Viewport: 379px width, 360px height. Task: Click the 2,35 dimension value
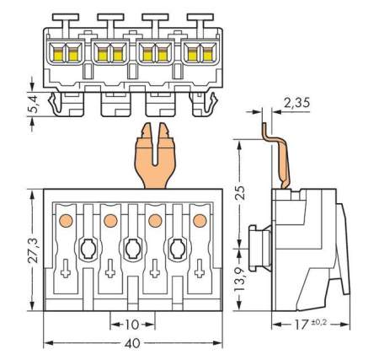(298, 103)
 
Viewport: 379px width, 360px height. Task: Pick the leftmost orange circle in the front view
(65, 221)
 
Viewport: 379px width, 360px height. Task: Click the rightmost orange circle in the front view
(200, 221)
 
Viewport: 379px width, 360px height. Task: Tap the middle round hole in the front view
(132, 249)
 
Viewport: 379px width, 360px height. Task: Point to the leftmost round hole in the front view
(88, 249)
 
